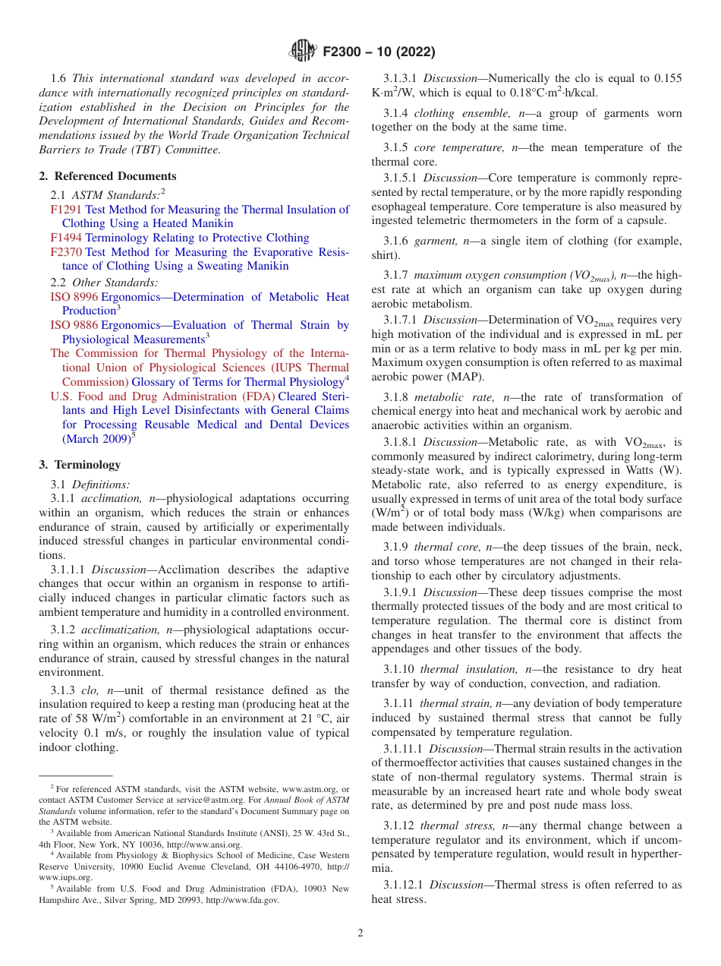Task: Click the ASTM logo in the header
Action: [x=304, y=52]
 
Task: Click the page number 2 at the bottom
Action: [x=360, y=933]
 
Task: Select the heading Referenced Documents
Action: [x=98, y=176]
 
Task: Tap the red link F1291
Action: [x=66, y=210]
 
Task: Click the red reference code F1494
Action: [x=66, y=238]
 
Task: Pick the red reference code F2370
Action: [x=66, y=252]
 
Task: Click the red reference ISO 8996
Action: [x=74, y=296]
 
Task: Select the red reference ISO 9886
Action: [x=74, y=325]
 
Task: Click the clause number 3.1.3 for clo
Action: [x=63, y=690]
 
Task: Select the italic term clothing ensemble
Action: [x=464, y=113]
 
